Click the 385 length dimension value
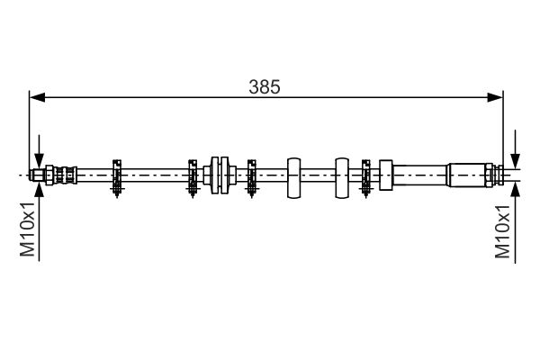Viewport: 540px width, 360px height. tap(265, 86)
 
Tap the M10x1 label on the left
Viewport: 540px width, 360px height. tap(27, 229)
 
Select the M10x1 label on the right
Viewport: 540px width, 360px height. tap(502, 231)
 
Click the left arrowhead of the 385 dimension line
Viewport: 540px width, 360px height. tap(38, 97)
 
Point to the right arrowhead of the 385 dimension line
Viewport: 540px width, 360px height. tap(495, 97)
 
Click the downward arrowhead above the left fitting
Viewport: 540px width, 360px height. tap(40, 161)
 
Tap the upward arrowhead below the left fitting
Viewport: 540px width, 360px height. tap(40, 189)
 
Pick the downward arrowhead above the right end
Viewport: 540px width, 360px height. tap(515, 161)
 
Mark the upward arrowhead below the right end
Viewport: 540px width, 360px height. tap(515, 190)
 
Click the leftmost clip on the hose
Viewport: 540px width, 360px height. tap(117, 178)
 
